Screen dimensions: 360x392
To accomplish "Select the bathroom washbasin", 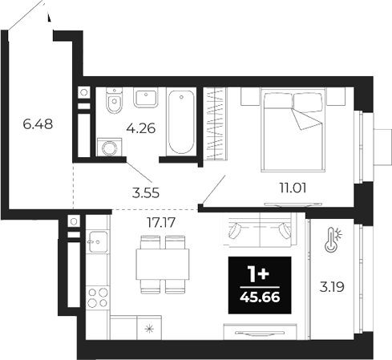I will pyautogui.click(x=144, y=99).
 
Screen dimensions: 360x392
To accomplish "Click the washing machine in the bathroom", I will pyautogui.click(x=107, y=148).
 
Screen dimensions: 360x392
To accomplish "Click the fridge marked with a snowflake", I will pyautogui.click(x=125, y=328).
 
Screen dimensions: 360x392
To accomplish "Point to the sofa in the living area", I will pyautogui.click(x=259, y=231).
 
